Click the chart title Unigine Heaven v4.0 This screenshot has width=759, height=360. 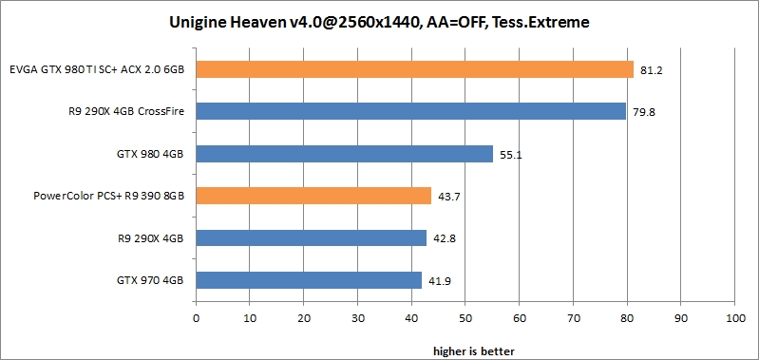(x=379, y=20)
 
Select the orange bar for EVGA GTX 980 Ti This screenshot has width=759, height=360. (x=414, y=69)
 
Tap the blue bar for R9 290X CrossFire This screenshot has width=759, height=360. (x=410, y=112)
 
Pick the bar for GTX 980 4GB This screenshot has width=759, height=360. (x=344, y=154)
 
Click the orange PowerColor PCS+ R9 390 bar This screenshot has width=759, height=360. (x=313, y=196)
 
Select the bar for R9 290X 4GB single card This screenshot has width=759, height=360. (x=311, y=237)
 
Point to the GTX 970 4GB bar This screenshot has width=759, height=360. (x=309, y=279)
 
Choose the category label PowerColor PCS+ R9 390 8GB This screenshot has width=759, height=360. (x=108, y=196)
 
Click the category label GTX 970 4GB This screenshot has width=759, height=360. (x=150, y=280)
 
